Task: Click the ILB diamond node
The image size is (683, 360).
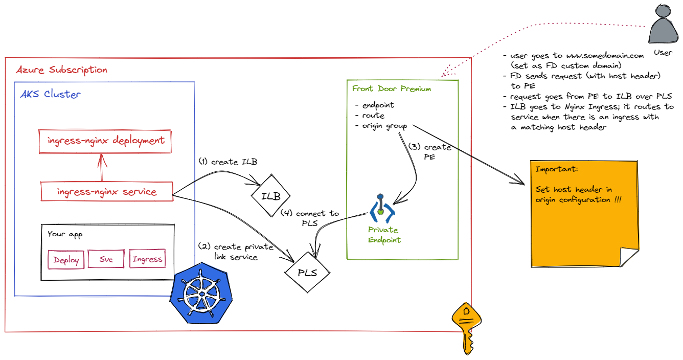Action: tap(271, 196)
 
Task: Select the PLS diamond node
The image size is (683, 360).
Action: tap(307, 273)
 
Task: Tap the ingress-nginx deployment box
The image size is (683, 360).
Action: tap(105, 141)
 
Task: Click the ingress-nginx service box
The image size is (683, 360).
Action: tap(107, 192)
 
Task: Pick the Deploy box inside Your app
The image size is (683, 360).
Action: tap(66, 260)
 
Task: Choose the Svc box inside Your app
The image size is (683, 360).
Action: tap(106, 259)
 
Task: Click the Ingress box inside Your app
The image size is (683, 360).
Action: tap(147, 259)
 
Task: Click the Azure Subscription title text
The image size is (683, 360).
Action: tap(61, 70)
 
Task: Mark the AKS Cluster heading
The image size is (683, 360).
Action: tap(50, 95)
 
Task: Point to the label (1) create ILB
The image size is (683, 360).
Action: tap(227, 162)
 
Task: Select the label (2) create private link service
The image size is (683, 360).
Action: tap(235, 252)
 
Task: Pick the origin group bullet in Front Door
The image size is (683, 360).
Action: tap(384, 126)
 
